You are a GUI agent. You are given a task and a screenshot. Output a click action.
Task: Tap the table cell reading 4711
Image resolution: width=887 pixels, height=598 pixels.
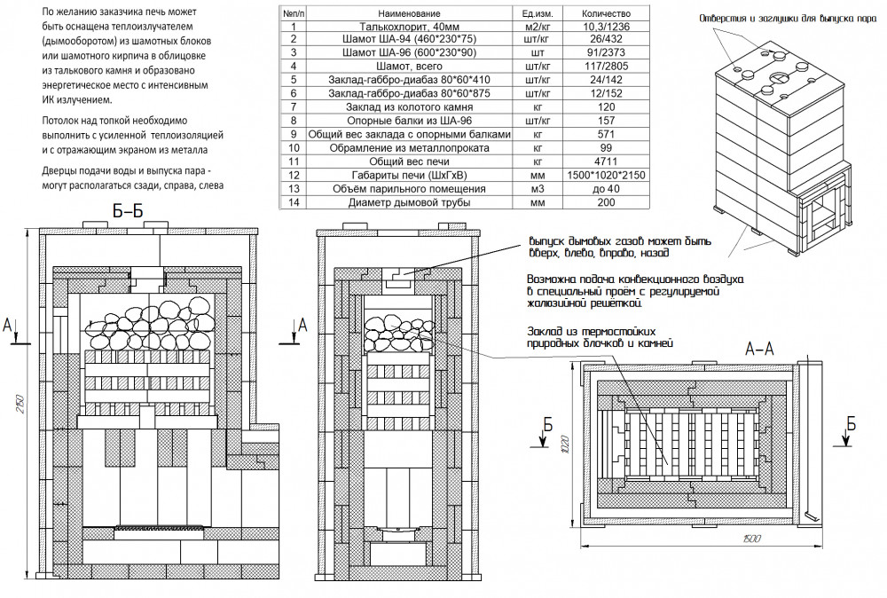(x=607, y=162)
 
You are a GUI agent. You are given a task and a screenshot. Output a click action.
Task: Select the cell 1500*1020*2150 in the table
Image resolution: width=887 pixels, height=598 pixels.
(x=607, y=176)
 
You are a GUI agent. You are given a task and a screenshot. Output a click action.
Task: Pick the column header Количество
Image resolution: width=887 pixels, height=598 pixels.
(x=607, y=14)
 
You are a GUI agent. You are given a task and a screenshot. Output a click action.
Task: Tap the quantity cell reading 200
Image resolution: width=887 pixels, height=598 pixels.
(x=607, y=202)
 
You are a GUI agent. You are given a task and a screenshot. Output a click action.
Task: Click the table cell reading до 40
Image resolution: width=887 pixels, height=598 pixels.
(x=607, y=189)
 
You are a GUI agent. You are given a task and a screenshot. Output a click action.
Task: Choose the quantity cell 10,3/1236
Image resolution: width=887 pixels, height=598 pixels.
(x=607, y=28)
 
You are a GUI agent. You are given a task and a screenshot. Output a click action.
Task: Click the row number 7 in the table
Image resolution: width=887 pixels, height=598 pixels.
(x=292, y=108)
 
